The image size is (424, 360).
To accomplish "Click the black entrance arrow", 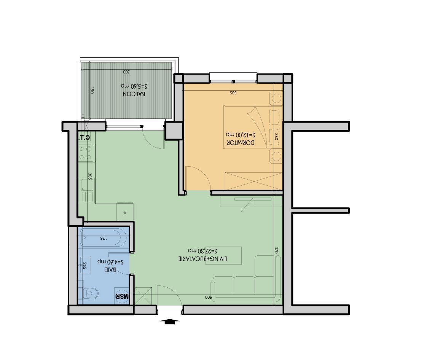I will click(170, 322).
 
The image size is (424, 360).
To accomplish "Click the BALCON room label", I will click(134, 94).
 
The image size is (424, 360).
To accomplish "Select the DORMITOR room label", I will click(240, 143).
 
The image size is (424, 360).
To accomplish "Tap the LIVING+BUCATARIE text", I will click(203, 259).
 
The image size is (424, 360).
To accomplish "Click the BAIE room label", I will click(110, 270).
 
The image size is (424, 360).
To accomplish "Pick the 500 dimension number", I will click(208, 297).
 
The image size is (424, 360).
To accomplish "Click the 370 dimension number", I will click(277, 250).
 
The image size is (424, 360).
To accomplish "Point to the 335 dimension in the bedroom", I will click(233, 92).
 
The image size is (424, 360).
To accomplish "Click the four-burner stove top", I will click(86, 152).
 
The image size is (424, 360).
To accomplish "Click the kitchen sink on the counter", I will click(87, 185).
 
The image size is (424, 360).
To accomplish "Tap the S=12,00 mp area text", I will click(240, 135).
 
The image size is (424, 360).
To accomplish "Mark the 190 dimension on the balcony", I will click(92, 91).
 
